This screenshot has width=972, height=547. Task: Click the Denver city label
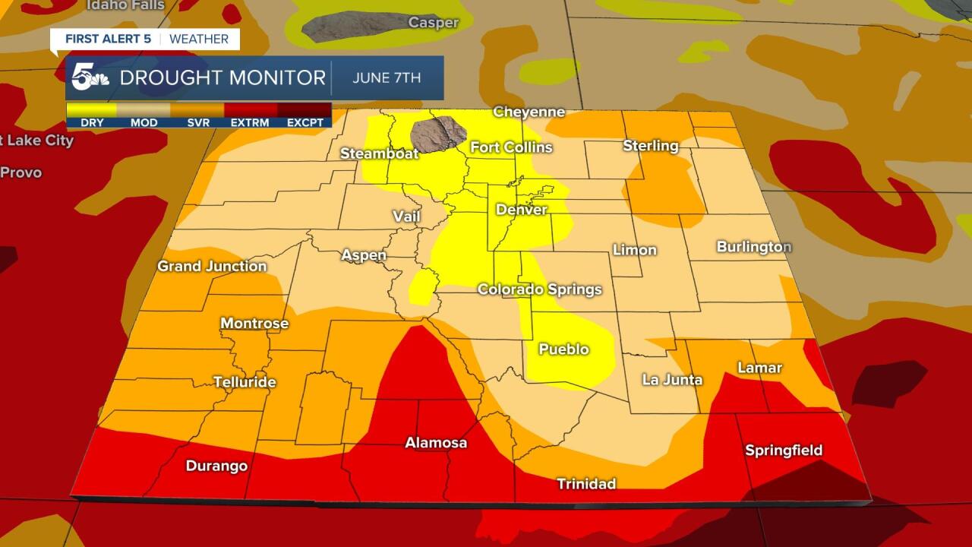(x=521, y=209)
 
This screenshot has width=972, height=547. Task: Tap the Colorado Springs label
(x=539, y=289)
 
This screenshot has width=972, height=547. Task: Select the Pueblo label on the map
(x=563, y=349)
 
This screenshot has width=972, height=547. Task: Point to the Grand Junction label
(x=212, y=266)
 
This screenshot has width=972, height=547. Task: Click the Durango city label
(x=216, y=466)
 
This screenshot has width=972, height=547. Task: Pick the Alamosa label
(x=435, y=443)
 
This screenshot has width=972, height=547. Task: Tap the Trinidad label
(x=585, y=484)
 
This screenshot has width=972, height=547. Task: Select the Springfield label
(x=783, y=451)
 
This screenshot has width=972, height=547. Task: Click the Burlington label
(x=753, y=247)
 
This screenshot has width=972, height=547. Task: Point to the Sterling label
(x=650, y=145)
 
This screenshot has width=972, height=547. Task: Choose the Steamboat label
(x=379, y=153)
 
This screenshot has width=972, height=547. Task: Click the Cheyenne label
(x=529, y=112)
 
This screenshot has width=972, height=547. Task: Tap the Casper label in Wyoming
(x=433, y=22)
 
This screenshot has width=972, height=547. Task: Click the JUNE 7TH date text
(x=387, y=77)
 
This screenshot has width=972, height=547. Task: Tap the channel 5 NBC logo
(x=90, y=77)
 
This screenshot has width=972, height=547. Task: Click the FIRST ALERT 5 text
(x=103, y=39)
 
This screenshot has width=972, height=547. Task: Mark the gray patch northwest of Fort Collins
(x=437, y=134)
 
